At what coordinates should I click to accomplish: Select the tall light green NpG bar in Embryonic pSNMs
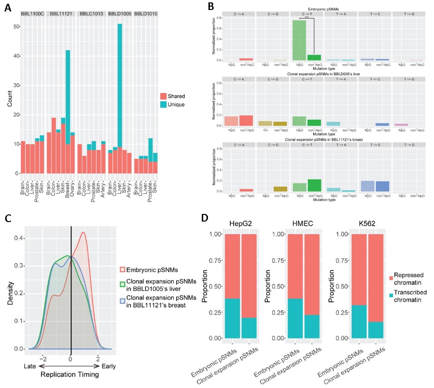pyautogui.click(x=299, y=40)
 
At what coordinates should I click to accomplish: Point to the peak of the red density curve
pyautogui.click(x=83, y=233)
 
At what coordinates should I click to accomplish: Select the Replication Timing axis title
pyautogui.click(x=70, y=374)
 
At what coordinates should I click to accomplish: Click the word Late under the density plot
pyautogui.click(x=31, y=367)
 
